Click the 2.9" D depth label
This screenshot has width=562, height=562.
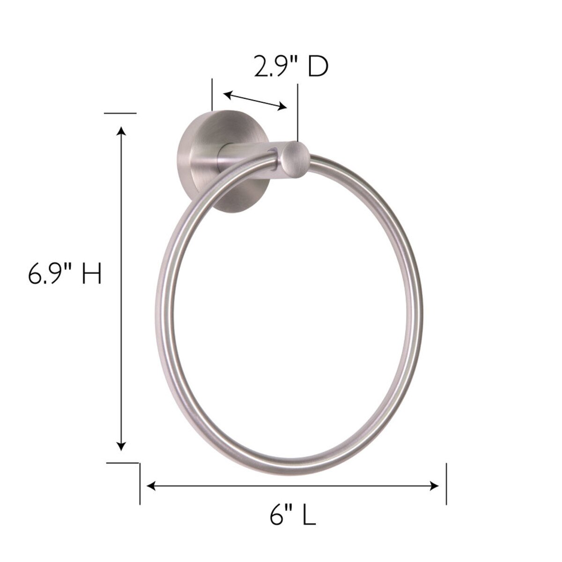291,67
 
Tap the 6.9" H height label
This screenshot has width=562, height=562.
65,274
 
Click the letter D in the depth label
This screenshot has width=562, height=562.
318,67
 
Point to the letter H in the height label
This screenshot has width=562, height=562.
92,274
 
